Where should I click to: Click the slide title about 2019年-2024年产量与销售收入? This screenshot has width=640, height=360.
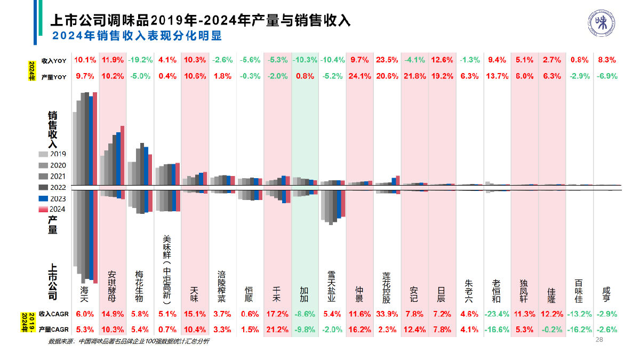[200, 20]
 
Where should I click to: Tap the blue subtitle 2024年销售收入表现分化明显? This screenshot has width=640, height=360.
[137, 36]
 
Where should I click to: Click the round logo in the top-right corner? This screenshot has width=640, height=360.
[602, 24]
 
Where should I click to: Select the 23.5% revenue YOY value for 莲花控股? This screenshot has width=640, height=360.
[387, 60]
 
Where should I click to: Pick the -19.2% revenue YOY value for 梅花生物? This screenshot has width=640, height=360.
[140, 60]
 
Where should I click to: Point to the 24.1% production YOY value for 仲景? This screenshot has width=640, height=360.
[359, 76]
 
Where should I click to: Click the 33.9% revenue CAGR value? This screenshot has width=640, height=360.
[387, 314]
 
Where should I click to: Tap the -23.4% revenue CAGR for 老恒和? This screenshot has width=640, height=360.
[498, 314]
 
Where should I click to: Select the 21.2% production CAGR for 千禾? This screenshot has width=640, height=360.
[277, 330]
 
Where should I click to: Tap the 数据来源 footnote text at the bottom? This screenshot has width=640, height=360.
[128, 341]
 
